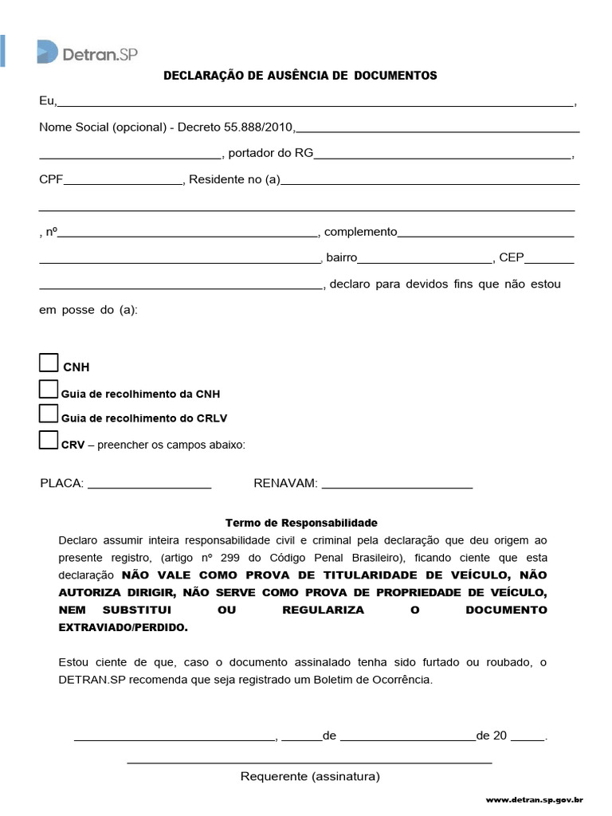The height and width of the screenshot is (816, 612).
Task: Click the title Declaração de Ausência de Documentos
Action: point(300,76)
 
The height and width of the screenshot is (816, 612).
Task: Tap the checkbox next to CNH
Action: point(49,363)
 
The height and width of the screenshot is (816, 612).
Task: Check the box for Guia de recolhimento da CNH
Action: point(49,390)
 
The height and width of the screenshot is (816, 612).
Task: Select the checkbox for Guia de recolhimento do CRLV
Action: point(49,414)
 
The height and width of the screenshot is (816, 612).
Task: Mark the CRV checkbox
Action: point(49,440)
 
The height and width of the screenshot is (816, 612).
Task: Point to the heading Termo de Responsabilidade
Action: point(301,523)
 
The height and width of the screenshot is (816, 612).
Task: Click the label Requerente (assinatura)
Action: point(310,775)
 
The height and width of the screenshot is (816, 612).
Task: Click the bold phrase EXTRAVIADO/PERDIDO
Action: point(124,627)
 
